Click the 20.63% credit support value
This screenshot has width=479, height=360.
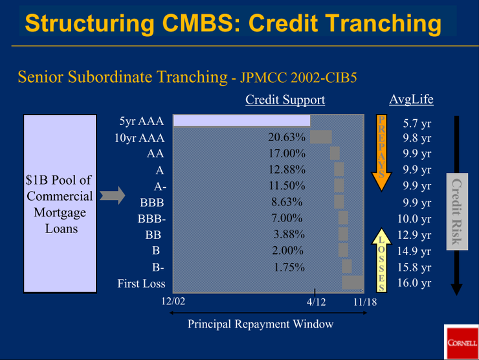(286, 137)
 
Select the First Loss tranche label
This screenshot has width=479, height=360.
(141, 284)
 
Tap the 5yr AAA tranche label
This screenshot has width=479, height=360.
(141, 121)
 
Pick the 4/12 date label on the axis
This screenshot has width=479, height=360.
(317, 302)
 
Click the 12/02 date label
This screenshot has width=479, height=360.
(173, 302)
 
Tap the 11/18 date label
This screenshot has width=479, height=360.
(365, 302)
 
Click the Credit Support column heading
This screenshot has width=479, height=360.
(285, 100)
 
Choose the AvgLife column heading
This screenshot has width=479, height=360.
(411, 99)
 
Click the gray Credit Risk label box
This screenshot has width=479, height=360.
(456, 211)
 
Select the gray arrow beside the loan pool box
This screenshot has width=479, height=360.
(112, 196)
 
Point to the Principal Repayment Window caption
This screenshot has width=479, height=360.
(260, 324)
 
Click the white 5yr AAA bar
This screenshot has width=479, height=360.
(241, 120)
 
